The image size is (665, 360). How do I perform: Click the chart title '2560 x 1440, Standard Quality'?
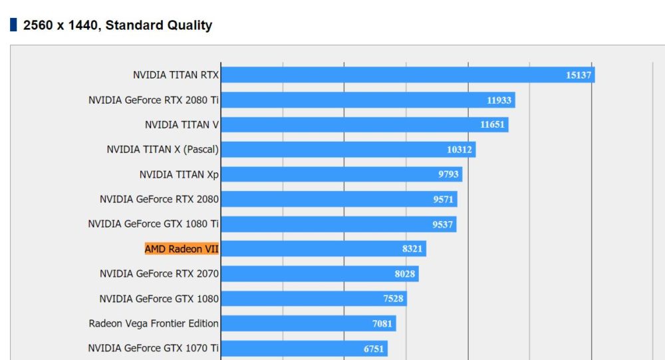[118, 25]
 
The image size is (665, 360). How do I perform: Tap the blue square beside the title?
[13, 25]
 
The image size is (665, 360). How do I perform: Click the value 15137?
[578, 75]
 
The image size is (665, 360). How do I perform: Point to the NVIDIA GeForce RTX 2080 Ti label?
[154, 100]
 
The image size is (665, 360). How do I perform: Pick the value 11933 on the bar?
[499, 100]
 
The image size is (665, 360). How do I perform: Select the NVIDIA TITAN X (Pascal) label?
[162, 150]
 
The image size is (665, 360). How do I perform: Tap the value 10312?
[459, 150]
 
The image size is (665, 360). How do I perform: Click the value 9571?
[443, 200]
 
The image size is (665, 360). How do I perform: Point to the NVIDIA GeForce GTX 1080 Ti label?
[153, 224]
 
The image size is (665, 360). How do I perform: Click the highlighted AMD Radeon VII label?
[182, 249]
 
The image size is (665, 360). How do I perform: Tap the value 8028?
[404, 274]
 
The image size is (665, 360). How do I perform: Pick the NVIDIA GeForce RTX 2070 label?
[159, 273]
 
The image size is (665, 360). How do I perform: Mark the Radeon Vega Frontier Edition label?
[154, 323]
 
